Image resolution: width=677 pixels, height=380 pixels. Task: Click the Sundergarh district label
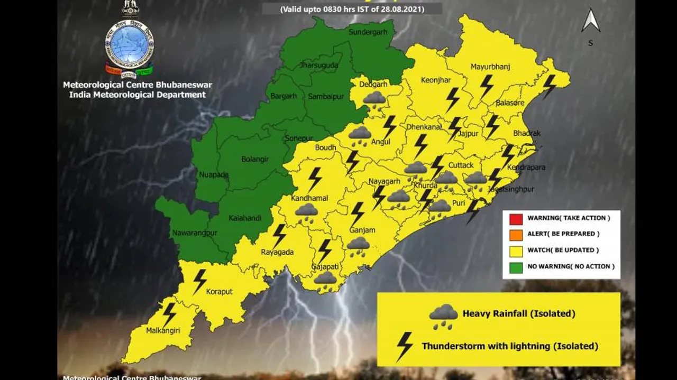[x=368, y=32]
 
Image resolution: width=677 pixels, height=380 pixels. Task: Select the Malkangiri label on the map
[x=163, y=331]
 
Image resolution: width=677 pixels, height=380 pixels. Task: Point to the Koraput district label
[x=219, y=292]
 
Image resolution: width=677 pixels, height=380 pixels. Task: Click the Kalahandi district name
[x=245, y=218]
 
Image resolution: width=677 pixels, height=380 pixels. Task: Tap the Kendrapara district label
[x=526, y=168]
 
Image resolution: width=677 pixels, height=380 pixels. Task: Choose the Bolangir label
[x=255, y=159]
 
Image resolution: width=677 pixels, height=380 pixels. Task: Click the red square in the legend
[x=516, y=219]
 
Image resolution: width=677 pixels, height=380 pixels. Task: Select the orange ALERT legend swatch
[x=516, y=235]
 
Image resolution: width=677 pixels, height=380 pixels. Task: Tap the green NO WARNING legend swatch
[x=516, y=267]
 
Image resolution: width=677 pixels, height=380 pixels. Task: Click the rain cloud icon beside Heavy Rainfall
[x=443, y=316]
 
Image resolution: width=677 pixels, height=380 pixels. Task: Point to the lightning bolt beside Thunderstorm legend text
[x=405, y=346]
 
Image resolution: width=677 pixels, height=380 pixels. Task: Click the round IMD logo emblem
[x=129, y=43]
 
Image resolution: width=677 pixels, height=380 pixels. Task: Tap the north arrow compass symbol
[x=591, y=21]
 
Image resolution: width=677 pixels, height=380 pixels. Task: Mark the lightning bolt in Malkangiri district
[x=169, y=314]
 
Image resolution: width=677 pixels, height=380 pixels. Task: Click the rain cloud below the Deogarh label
[x=374, y=99]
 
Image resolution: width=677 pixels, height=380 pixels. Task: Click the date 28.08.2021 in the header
[x=404, y=9]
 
